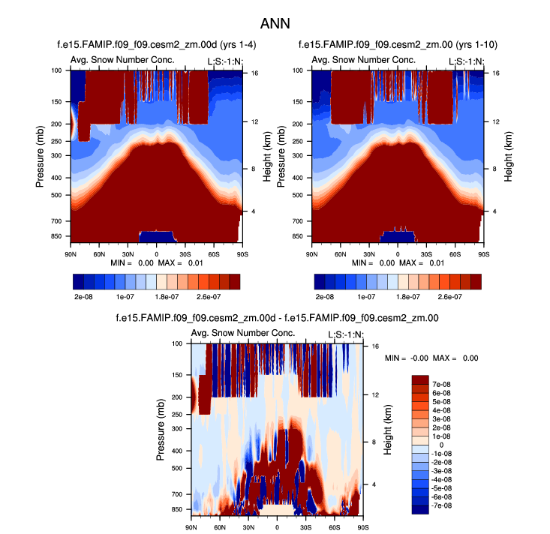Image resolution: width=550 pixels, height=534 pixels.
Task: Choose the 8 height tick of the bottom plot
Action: (375, 442)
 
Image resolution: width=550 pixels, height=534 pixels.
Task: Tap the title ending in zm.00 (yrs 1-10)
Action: (397, 46)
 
